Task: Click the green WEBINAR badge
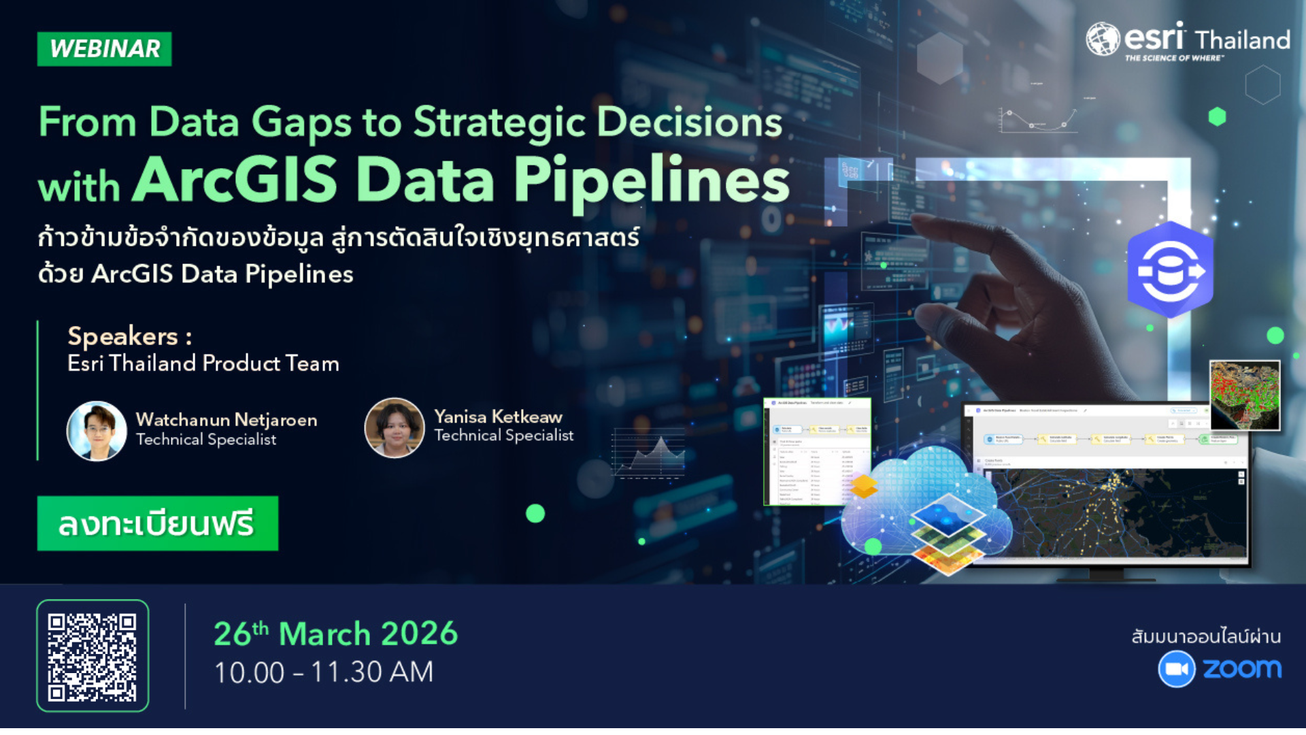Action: point(104,49)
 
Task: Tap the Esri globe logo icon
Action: point(1102,39)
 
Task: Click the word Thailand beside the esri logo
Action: point(1242,40)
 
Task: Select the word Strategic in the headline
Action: point(499,122)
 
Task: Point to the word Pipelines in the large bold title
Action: point(651,180)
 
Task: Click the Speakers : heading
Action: point(129,336)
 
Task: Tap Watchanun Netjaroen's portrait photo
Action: point(97,431)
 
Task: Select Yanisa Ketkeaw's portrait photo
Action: point(395,428)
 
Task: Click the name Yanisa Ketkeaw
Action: point(498,416)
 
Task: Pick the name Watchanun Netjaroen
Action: point(226,419)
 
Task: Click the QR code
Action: point(93,656)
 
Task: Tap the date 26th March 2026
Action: point(335,634)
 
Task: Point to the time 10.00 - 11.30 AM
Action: point(323,672)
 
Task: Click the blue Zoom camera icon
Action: point(1176,669)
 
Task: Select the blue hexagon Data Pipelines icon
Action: point(1170,270)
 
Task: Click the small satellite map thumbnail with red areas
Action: point(1245,395)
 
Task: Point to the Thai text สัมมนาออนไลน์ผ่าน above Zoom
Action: point(1206,636)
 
